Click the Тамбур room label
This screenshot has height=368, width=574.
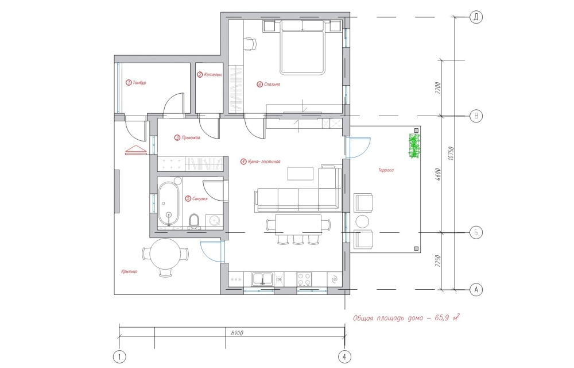(x=136, y=83)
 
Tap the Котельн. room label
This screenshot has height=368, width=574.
(x=210, y=75)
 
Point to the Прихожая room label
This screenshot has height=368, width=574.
(x=187, y=138)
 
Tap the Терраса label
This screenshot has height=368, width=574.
(x=386, y=170)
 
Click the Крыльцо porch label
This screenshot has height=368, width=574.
(x=129, y=271)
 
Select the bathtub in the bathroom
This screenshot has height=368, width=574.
(x=169, y=204)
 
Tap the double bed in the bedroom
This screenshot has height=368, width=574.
(x=302, y=47)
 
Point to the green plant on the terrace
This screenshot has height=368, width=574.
(x=414, y=146)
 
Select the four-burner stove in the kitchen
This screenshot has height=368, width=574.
(x=304, y=279)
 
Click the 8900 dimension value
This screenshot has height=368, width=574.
(x=237, y=333)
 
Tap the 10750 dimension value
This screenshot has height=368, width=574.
(x=451, y=153)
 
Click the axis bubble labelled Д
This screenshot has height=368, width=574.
(x=476, y=17)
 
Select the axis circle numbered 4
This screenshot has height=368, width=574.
(x=344, y=356)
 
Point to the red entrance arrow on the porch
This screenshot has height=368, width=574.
(x=136, y=150)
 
